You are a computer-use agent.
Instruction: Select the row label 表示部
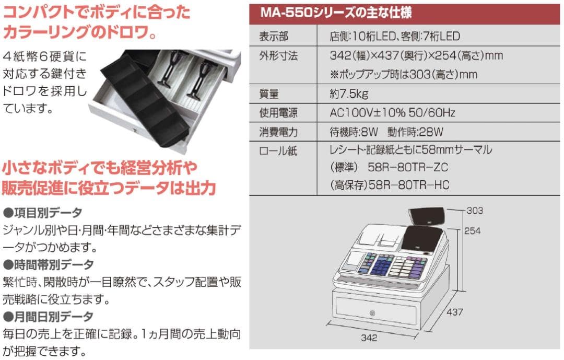pyautogui.click(x=274, y=37)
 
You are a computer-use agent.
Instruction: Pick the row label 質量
pyautogui.click(x=269, y=94)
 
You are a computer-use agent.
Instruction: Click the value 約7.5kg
pyautogui.click(x=349, y=94)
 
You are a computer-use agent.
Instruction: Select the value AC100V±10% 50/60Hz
pyautogui.click(x=392, y=113)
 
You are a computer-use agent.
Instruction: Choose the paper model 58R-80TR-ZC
pyautogui.click(x=407, y=168)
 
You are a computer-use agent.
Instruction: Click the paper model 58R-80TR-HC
pyautogui.click(x=409, y=185)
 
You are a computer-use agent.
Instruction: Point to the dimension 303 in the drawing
pyautogui.click(x=474, y=211)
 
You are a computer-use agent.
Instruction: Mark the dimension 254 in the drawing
pyautogui.click(x=472, y=230)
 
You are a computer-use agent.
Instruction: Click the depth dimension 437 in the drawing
pyautogui.click(x=455, y=312)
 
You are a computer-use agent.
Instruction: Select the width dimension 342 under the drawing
pyautogui.click(x=369, y=338)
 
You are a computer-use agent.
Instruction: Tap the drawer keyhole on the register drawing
pyautogui.click(x=372, y=313)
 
